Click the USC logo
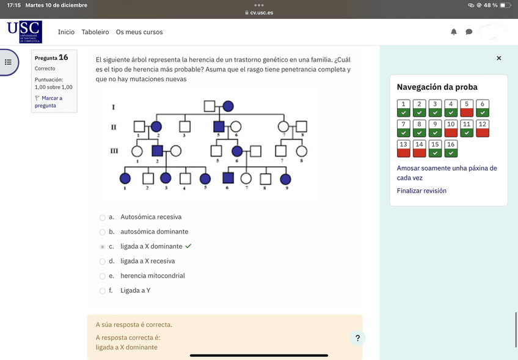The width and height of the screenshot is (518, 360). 24,32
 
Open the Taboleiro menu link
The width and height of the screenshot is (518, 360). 95,32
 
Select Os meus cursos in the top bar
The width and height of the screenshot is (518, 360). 139,32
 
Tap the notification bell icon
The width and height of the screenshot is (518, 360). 454,32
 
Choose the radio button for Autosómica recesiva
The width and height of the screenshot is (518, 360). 103,217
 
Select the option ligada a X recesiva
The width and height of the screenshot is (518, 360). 103,261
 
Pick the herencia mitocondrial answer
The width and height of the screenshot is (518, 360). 103,276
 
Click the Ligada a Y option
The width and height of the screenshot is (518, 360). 103,290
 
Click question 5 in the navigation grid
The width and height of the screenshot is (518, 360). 467,108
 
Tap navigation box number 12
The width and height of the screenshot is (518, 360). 483,128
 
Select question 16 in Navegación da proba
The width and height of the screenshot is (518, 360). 451,149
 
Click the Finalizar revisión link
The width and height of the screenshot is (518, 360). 421,191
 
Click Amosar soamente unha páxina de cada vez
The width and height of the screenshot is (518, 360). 447,173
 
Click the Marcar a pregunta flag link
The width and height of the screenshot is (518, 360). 48,101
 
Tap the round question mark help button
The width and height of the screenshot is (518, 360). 358,338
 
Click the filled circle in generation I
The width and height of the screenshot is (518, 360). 228,106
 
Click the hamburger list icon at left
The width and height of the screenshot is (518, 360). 9,62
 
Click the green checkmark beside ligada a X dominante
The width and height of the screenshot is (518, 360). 188,246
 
